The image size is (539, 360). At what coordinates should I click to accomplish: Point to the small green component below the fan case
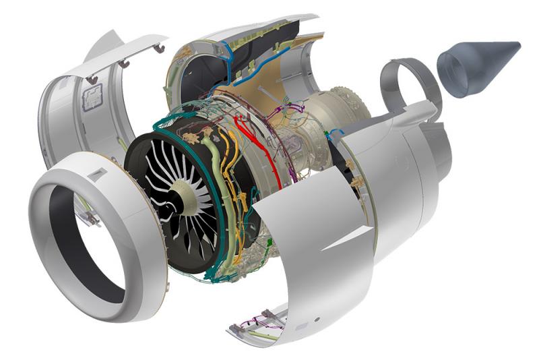point(268,241)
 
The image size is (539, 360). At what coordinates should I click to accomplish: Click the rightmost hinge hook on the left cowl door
point(160,49)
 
